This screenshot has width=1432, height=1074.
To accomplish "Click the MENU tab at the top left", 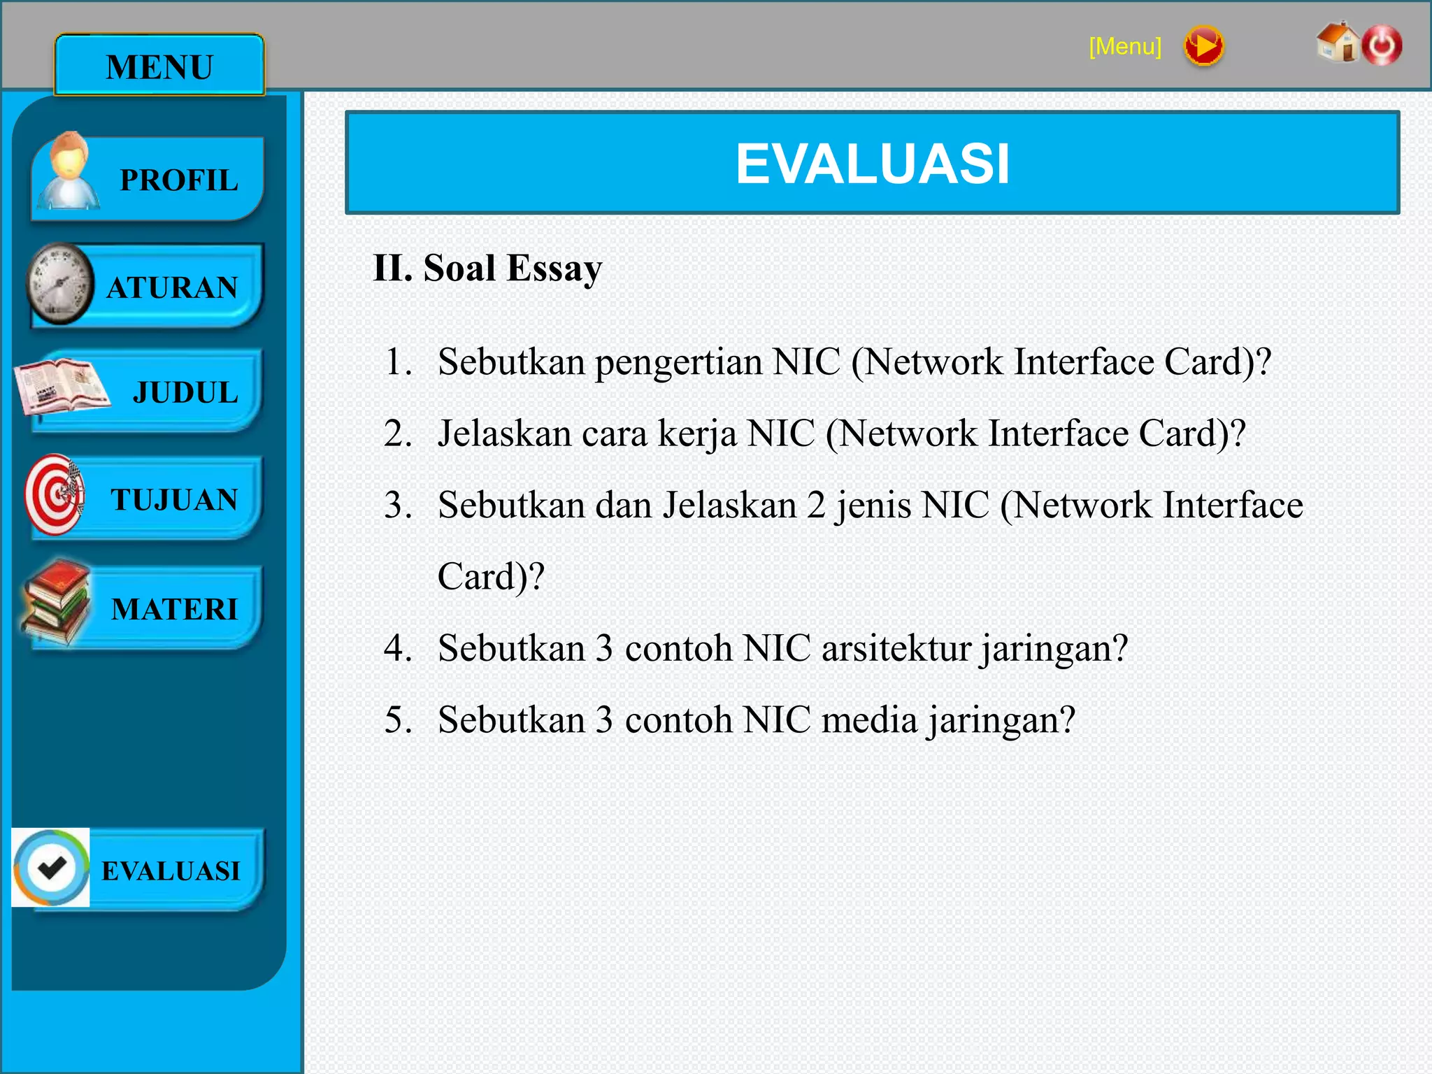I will [x=159, y=66].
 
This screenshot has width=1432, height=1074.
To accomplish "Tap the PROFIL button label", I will [x=179, y=180].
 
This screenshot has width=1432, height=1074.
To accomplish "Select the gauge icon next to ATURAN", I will [x=60, y=284].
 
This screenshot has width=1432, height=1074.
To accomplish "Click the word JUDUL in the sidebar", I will [x=185, y=392].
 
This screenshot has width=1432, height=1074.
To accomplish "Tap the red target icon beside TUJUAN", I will [x=55, y=495].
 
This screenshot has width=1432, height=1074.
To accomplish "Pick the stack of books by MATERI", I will [x=56, y=603].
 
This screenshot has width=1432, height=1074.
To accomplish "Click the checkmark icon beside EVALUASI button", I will [x=51, y=868].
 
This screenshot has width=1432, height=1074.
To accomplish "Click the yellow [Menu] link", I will [x=1124, y=47].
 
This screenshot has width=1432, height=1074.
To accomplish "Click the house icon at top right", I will [x=1336, y=43].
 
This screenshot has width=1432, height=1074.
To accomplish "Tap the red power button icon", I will [x=1382, y=45].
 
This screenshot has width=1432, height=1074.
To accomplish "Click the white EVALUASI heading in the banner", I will [x=872, y=164].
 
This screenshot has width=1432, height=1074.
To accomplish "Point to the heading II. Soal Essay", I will [x=487, y=268].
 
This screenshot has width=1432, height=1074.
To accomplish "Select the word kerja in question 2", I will [x=697, y=434].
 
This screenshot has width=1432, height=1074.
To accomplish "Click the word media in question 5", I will [x=869, y=720].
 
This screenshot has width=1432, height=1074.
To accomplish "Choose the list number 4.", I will [x=396, y=648].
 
